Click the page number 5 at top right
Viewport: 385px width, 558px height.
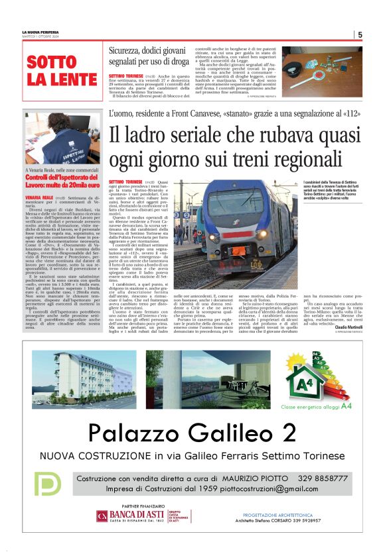click(359, 35)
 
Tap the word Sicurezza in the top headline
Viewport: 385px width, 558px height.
click(131, 50)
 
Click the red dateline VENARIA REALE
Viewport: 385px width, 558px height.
click(38, 198)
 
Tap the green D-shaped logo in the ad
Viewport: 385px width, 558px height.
click(47, 484)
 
